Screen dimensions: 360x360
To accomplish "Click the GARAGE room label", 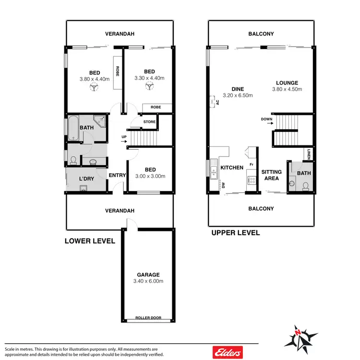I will click(x=148, y=275).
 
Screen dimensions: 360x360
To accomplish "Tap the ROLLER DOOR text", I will click(x=148, y=318).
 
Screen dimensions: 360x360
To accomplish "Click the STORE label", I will click(x=149, y=122).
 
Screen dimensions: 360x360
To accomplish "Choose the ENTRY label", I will click(x=117, y=175).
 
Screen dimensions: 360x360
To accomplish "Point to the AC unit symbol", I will click(x=213, y=102).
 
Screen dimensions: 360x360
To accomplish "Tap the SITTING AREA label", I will click(x=271, y=175).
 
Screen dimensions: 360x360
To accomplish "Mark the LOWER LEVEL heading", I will click(x=90, y=241).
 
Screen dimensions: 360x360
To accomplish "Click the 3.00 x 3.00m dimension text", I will click(x=150, y=176).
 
